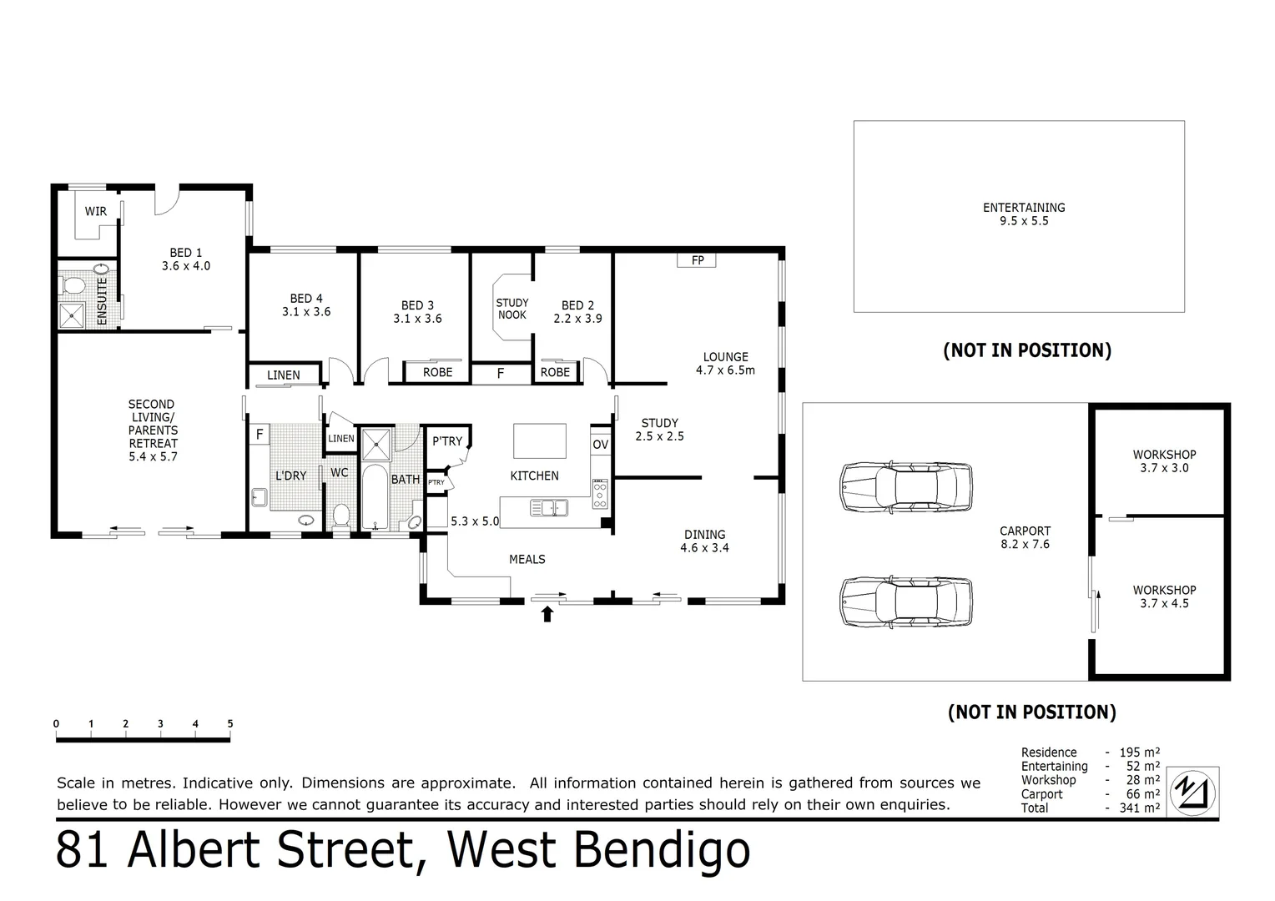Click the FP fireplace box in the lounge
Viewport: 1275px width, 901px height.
(x=698, y=260)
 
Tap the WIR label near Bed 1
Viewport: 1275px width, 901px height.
(x=96, y=211)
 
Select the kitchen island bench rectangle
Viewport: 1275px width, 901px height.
(x=539, y=440)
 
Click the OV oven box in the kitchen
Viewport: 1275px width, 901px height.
(x=600, y=445)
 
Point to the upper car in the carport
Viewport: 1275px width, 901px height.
(x=905, y=486)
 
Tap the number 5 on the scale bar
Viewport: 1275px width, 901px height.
(x=229, y=724)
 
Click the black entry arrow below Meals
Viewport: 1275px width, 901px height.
(x=547, y=615)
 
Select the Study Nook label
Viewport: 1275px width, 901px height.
(x=512, y=309)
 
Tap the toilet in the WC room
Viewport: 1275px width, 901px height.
(x=340, y=515)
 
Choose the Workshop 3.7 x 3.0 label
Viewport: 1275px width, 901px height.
(x=1164, y=461)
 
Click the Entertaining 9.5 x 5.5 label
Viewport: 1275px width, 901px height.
(x=1023, y=214)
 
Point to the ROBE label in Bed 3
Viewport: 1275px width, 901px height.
(x=437, y=372)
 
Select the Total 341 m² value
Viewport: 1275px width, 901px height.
(x=1140, y=808)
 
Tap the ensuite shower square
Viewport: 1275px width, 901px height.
(x=73, y=315)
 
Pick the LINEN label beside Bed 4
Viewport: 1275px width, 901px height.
(x=284, y=375)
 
